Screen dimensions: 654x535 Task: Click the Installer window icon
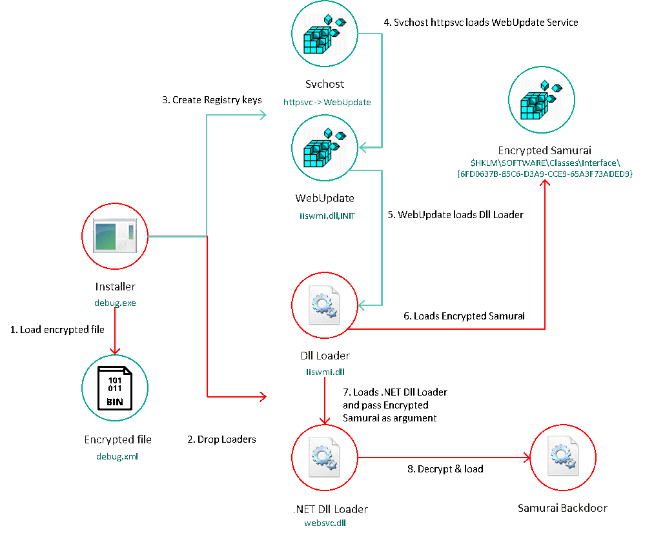(x=115, y=235)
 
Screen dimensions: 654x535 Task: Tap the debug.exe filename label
(x=115, y=303)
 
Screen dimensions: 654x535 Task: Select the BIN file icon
(x=115, y=389)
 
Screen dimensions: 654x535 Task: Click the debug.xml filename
(x=118, y=457)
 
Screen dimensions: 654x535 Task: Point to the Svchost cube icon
(x=325, y=34)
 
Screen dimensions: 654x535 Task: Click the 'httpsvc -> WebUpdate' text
(x=327, y=102)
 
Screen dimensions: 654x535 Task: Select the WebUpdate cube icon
(x=325, y=148)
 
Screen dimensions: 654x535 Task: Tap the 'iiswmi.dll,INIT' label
(x=327, y=216)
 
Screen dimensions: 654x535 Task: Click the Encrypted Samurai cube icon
(x=542, y=101)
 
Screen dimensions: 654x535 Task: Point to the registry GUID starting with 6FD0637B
(x=545, y=174)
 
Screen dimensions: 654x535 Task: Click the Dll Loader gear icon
(x=324, y=305)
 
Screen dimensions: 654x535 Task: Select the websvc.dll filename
(x=325, y=523)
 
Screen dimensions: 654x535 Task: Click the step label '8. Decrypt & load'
(x=445, y=469)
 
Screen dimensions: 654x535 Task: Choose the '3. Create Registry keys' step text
(x=212, y=100)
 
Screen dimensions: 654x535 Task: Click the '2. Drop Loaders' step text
(x=221, y=439)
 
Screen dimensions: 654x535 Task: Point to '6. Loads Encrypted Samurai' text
(x=464, y=316)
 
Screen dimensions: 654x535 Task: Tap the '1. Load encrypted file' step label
(x=57, y=330)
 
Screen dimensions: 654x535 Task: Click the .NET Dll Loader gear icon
(x=324, y=458)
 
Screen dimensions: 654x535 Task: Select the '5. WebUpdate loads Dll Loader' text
(x=455, y=215)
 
